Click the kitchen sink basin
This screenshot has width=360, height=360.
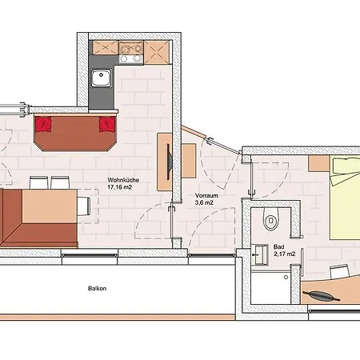tap(101, 78)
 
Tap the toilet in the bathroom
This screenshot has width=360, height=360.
tap(271, 218)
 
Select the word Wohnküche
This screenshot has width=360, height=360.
tap(123, 180)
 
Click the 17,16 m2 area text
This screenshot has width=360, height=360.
tap(120, 187)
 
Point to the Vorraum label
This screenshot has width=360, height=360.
tap(206, 195)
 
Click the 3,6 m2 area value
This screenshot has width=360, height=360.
tap(204, 202)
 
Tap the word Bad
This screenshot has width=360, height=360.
tap(278, 246)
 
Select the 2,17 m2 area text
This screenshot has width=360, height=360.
tap(285, 254)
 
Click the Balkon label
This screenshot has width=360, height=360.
tap(98, 289)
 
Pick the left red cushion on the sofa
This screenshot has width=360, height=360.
tap(43, 124)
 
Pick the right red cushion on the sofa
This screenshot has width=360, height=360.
tap(107, 124)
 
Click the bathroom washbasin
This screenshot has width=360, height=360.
tap(261, 254)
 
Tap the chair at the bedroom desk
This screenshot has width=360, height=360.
tap(340, 271)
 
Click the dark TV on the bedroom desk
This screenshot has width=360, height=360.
tap(322, 295)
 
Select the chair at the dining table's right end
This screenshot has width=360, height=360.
tap(84, 206)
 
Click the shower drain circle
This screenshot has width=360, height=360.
tap(286, 278)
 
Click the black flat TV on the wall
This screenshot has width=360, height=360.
tap(170, 162)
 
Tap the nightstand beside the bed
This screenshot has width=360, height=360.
tap(318, 163)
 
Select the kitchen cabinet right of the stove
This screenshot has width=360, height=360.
tap(157, 52)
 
